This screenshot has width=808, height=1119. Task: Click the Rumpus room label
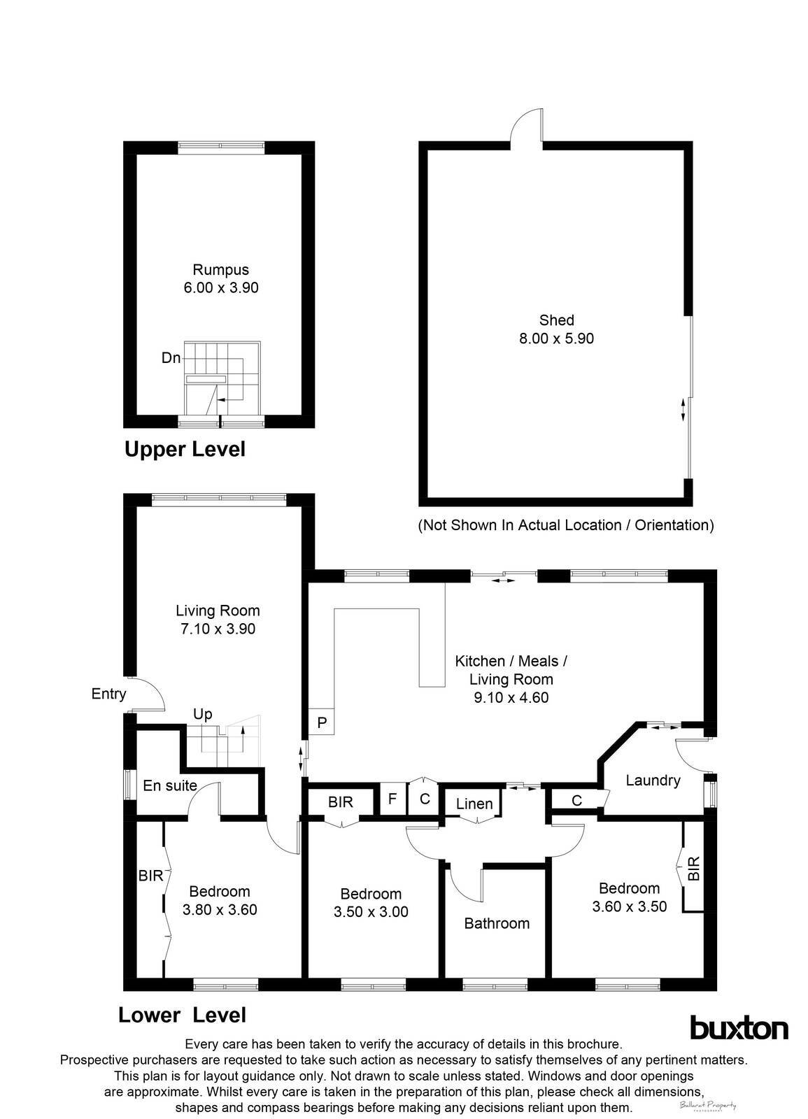point(220,269)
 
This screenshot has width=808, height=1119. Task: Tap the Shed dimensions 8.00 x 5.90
point(556,338)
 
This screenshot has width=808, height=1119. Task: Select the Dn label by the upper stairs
point(171,358)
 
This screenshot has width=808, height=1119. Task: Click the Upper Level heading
point(185,449)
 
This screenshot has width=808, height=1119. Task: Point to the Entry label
point(108,694)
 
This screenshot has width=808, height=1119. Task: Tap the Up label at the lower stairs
point(202,714)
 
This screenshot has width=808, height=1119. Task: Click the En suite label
point(170,785)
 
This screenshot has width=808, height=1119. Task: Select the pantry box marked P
point(322,722)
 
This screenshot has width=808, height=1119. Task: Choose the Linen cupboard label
point(474,804)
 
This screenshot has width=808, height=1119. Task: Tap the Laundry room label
point(653,781)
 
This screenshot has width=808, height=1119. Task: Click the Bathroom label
point(497,923)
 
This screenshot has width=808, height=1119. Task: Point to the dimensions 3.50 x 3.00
point(371,912)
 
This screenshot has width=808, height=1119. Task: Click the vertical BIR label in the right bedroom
point(693,869)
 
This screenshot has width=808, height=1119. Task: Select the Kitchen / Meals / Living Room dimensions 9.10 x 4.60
point(511,697)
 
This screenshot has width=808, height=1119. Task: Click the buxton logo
point(739,1028)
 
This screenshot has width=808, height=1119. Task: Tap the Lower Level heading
point(182,1015)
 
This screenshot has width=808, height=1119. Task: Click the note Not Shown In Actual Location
point(565,525)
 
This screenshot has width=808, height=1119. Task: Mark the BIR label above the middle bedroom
point(341,802)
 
